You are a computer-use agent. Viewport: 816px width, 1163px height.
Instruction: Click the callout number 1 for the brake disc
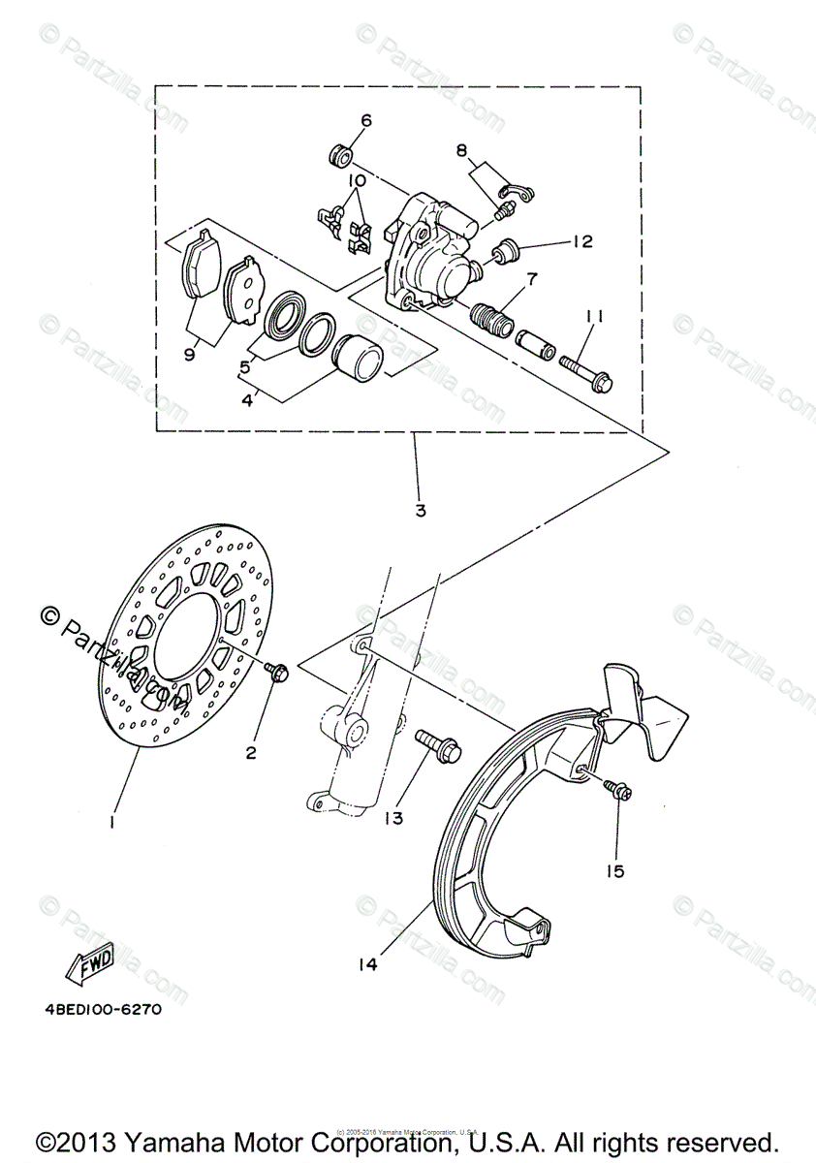(x=113, y=822)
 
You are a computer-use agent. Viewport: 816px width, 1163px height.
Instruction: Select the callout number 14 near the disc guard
(x=366, y=964)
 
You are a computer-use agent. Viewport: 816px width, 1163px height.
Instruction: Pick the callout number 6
(x=366, y=121)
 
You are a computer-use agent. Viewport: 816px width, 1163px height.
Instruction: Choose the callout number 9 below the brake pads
(x=189, y=355)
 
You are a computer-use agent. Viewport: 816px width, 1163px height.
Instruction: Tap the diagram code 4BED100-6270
(x=102, y=1009)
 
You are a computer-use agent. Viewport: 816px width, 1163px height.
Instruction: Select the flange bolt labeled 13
(x=437, y=744)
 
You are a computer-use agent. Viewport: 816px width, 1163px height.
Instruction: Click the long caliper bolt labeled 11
(x=584, y=376)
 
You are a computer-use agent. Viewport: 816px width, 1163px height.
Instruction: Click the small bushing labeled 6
(x=339, y=153)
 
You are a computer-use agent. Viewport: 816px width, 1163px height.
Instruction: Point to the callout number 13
(x=392, y=819)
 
